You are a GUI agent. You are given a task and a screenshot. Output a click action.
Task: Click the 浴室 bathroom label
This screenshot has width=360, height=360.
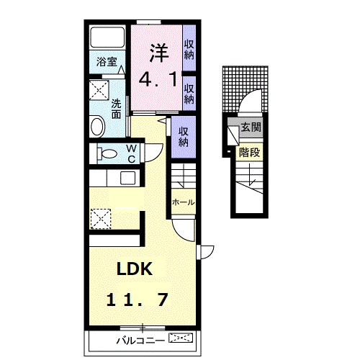(x=107, y=62)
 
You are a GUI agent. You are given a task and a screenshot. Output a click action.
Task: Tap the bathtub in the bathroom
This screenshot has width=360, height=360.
(x=107, y=37)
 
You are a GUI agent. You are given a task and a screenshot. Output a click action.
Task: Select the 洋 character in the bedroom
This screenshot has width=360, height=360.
(x=159, y=53)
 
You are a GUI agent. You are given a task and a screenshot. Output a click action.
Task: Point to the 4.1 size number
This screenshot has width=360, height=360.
(x=158, y=79)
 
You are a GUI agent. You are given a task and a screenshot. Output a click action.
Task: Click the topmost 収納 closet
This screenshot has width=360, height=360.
(x=189, y=50)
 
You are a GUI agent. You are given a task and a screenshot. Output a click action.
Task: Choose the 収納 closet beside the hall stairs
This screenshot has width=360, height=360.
(x=184, y=137)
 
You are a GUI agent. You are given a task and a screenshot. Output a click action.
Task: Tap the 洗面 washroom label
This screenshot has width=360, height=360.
(x=116, y=109)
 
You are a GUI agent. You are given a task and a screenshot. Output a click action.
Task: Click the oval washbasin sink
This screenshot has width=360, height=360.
(x=98, y=126)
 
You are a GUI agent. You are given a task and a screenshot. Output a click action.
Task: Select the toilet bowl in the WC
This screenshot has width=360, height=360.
(x=107, y=153)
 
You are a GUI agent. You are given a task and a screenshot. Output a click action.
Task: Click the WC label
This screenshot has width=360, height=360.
(x=131, y=153)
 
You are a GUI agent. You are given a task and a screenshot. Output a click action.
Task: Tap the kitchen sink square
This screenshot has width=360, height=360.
(x=127, y=178)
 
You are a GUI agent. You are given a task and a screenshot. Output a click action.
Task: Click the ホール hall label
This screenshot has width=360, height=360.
(x=184, y=202)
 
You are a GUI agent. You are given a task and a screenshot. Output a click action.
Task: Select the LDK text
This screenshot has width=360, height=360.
(x=135, y=269)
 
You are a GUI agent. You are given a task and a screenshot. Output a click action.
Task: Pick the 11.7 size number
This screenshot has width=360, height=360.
(x=137, y=300)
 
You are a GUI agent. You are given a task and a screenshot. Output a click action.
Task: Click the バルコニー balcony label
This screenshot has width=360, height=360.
(x=141, y=341)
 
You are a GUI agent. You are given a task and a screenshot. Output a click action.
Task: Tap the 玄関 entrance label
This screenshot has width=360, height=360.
(x=251, y=127)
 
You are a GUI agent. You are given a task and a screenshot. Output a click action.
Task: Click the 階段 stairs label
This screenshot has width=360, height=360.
(x=249, y=152)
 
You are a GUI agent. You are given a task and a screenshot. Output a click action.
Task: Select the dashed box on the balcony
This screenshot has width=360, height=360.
(x=181, y=338)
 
